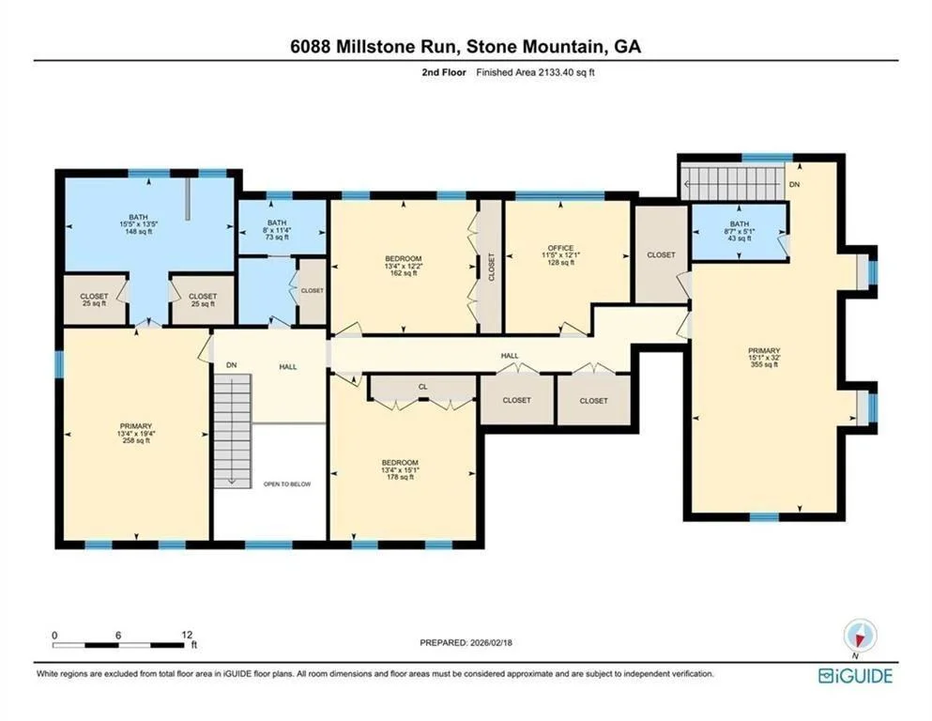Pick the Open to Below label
(x=287, y=483)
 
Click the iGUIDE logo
(x=855, y=676)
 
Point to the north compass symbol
(x=860, y=637)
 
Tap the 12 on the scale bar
(x=187, y=636)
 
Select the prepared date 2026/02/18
(x=491, y=642)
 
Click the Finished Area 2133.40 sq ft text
(x=536, y=72)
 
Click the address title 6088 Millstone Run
(x=374, y=46)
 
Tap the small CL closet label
(x=422, y=387)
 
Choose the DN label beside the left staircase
(x=232, y=365)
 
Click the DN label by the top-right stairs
(x=795, y=185)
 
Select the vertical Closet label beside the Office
(x=491, y=267)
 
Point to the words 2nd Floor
(x=444, y=72)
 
